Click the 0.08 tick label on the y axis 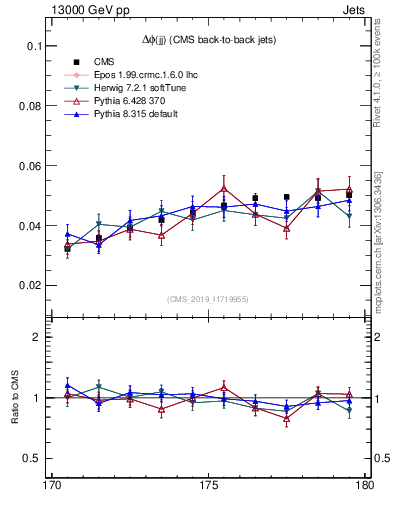point(29,106)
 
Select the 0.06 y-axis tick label point(29,166)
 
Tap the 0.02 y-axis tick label point(29,286)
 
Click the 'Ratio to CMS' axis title point(15,398)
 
